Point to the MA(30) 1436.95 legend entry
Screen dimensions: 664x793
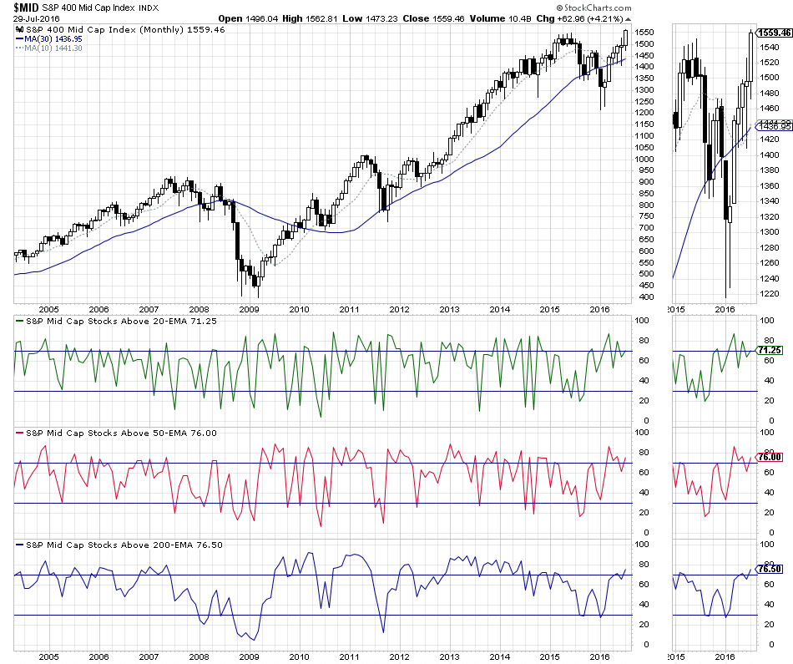point(47,38)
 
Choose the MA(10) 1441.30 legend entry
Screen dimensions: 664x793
point(47,48)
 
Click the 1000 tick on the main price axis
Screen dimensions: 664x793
point(644,159)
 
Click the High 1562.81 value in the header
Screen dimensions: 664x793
point(303,18)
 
